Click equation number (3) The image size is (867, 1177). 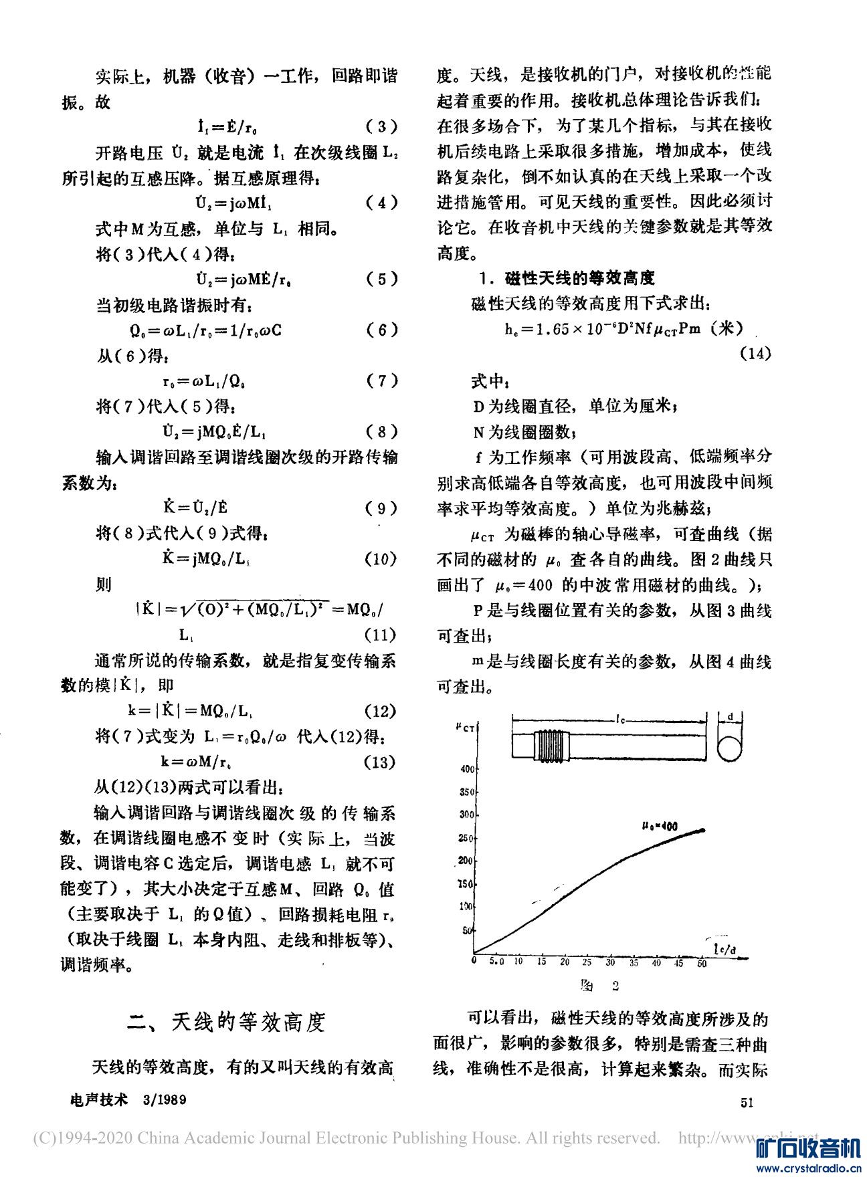pos(382,126)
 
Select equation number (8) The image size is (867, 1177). pos(382,431)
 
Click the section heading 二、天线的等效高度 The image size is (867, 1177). pos(227,1022)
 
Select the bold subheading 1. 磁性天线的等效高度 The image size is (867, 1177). pos(567,278)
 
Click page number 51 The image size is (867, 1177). pos(747,1102)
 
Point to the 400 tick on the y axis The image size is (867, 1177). pos(466,768)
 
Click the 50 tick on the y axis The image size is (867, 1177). pos(468,930)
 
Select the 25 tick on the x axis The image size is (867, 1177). pos(587,962)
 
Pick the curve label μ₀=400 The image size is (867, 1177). pos(660,827)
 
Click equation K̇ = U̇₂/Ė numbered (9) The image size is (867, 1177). pos(195,508)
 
